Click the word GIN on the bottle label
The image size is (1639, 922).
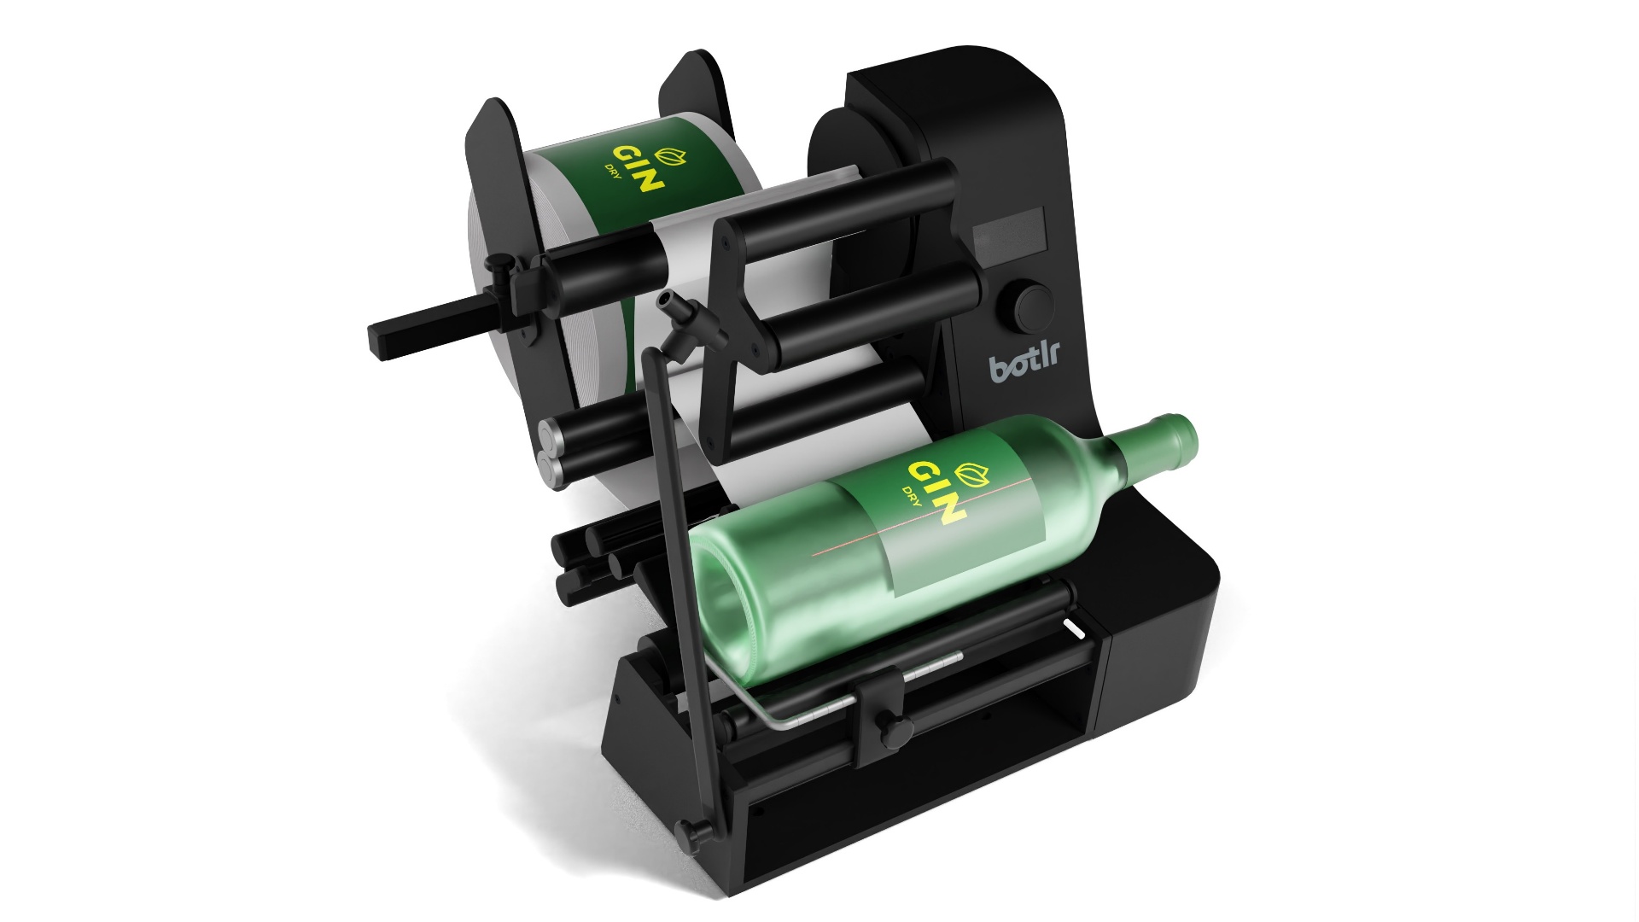[x=936, y=492]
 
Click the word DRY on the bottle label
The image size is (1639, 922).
[x=913, y=496]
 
